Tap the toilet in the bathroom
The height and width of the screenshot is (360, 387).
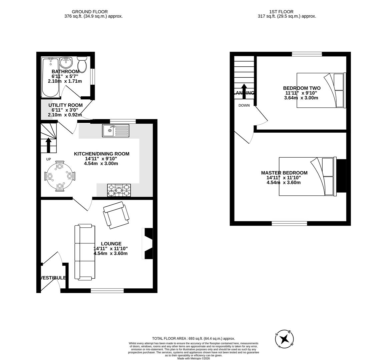click(82, 62)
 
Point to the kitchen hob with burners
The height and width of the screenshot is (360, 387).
click(119, 190)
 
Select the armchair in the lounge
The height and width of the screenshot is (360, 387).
click(116, 215)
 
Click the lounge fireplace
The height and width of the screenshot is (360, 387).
click(148, 243)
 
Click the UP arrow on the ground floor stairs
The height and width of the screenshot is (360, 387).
click(49, 145)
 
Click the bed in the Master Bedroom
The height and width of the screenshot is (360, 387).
click(307, 176)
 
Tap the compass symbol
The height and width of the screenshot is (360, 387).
click(285, 339)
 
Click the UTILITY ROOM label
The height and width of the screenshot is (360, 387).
click(65, 105)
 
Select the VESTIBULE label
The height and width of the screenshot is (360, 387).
click(53, 278)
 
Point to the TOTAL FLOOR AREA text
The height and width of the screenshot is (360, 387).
click(193, 338)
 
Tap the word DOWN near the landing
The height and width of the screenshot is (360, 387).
click(244, 106)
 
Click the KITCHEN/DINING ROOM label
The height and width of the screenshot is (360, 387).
click(101, 154)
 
